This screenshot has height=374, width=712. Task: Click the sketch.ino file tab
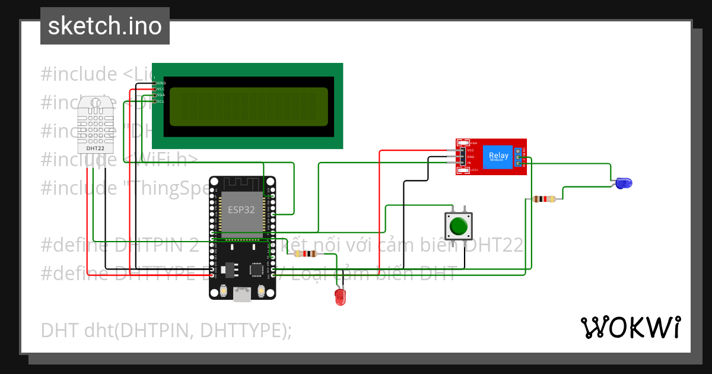pyautogui.click(x=105, y=26)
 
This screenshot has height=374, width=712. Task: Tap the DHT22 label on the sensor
pyautogui.click(x=95, y=148)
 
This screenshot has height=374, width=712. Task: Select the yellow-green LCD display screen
pyautogui.click(x=249, y=107)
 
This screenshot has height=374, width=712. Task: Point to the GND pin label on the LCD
pyautogui.click(x=161, y=83)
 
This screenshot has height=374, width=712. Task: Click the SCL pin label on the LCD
pyautogui.click(x=161, y=102)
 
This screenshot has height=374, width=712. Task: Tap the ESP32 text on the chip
pyautogui.click(x=241, y=210)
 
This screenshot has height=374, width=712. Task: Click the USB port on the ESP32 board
pyautogui.click(x=241, y=294)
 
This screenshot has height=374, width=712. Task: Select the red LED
pyautogui.click(x=340, y=297)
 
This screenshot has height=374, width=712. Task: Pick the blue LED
pyautogui.click(x=622, y=183)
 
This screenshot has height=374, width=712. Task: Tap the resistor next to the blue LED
pyautogui.click(x=544, y=199)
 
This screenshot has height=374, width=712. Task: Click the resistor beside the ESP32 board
pyautogui.click(x=305, y=254)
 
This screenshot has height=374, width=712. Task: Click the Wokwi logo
pyautogui.click(x=630, y=328)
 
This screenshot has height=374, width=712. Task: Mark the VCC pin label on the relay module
pyautogui.click(x=470, y=151)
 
